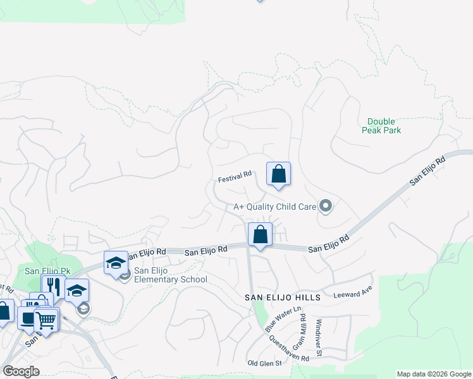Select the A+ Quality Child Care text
pyautogui.click(x=275, y=206)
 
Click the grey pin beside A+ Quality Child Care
pyautogui.click(x=326, y=206)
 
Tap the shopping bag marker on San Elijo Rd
pyautogui.click(x=260, y=235)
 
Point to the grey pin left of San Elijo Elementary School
pyautogui.click(x=125, y=274)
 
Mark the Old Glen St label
pyautogui.click(x=261, y=363)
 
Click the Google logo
pyautogui.click(x=20, y=371)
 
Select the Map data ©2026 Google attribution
pyautogui.click(x=434, y=374)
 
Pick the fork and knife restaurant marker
pyautogui.click(x=54, y=287)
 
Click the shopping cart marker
pyautogui.click(x=46, y=320)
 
